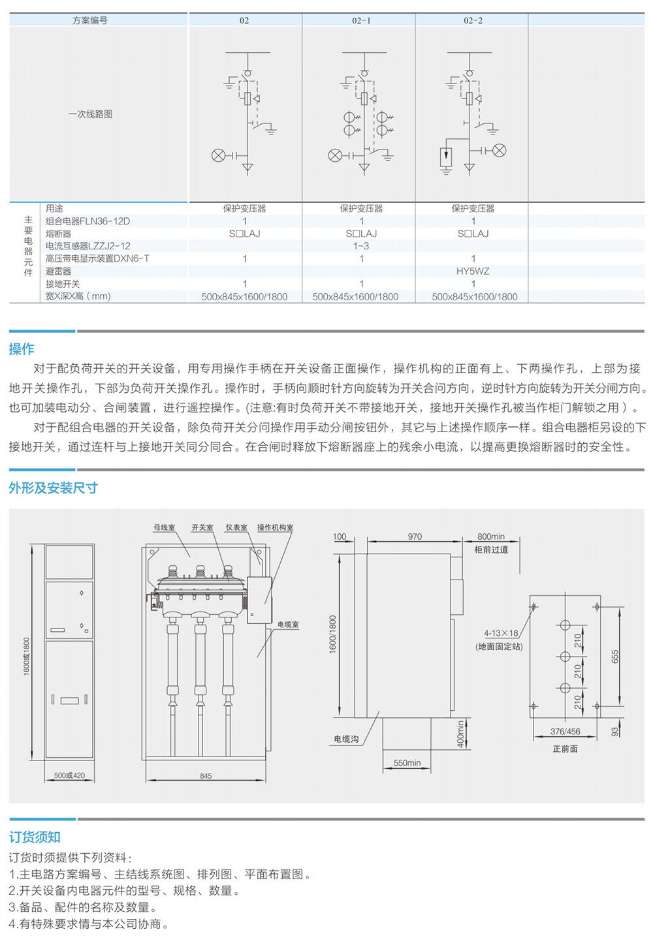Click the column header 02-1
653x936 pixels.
point(360,20)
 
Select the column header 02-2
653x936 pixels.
point(473,20)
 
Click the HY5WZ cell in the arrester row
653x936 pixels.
point(473,271)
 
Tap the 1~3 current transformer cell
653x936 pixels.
point(360,246)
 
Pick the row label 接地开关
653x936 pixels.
point(63,284)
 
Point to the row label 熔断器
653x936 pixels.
point(59,234)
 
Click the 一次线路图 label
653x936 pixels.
point(90,114)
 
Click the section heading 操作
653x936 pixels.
point(22,349)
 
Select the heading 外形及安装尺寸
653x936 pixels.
point(53,488)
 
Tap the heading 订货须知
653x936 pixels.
point(35,837)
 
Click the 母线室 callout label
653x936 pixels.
point(165,527)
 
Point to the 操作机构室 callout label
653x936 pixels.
point(275,527)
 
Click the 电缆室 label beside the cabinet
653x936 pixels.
point(288,624)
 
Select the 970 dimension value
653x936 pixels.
point(415,537)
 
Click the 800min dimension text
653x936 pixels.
point(491,537)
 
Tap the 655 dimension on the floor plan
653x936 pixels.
point(615,657)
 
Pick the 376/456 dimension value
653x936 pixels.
point(565,732)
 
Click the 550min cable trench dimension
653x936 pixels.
point(407,763)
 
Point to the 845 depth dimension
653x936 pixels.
point(206,776)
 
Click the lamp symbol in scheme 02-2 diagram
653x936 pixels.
point(500,150)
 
